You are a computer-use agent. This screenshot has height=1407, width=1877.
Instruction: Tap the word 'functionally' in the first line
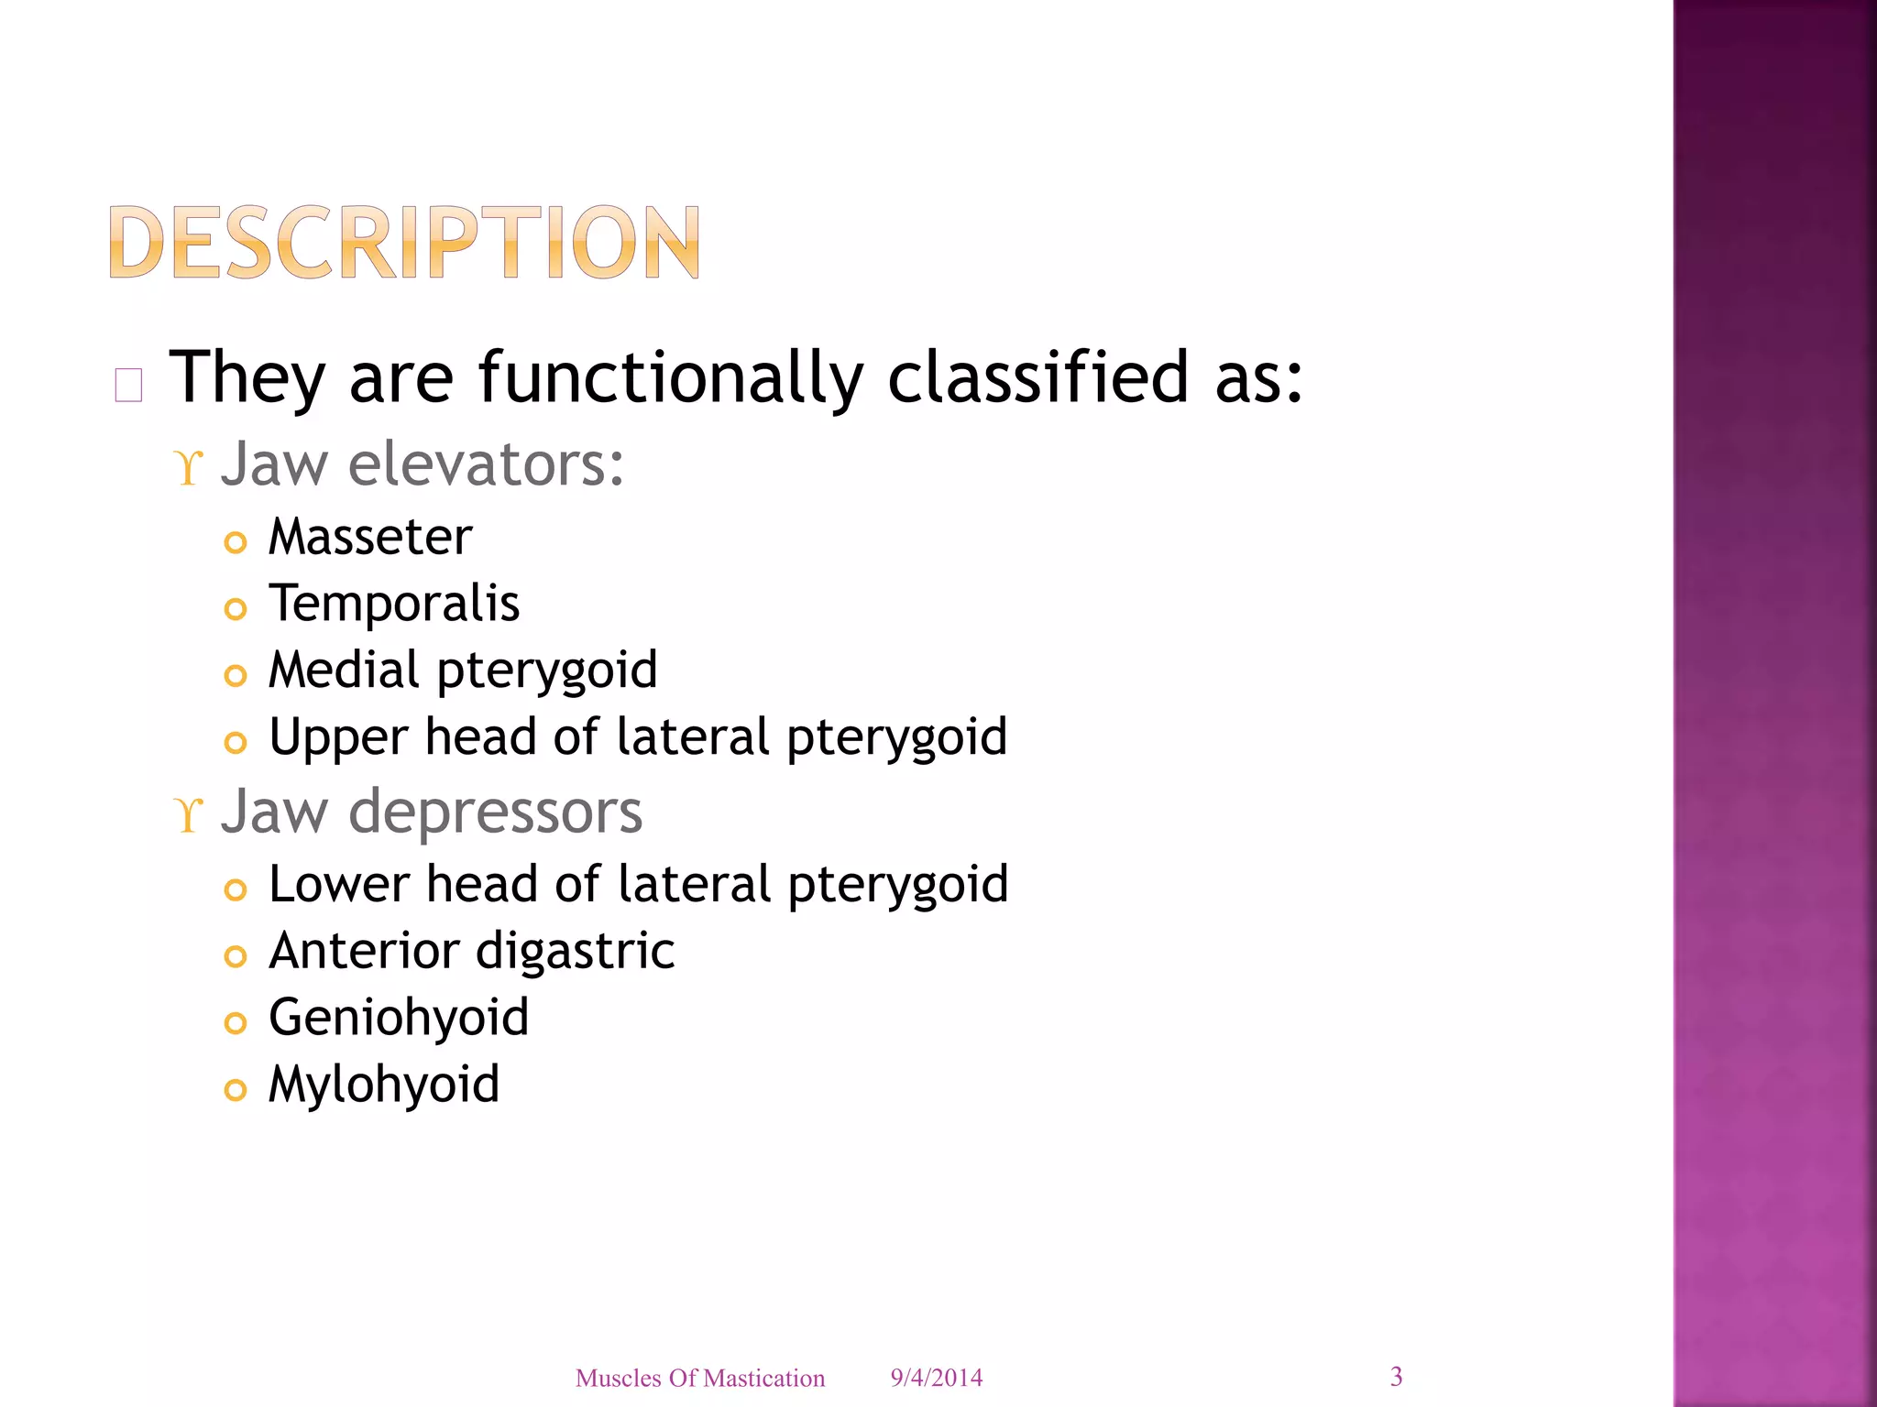coord(671,378)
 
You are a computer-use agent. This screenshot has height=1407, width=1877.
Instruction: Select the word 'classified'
coord(1037,376)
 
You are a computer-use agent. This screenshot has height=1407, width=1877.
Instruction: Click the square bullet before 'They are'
coord(128,386)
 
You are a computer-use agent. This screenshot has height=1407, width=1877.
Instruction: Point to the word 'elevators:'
coord(486,464)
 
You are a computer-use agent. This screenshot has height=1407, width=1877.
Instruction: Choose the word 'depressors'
coord(495,812)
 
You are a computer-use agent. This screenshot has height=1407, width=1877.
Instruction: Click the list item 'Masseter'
coord(370,537)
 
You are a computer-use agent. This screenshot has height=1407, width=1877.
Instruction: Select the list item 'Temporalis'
coord(394,604)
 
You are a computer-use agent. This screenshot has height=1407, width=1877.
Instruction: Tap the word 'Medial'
coord(344,670)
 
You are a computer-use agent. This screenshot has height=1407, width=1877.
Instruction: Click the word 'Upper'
coord(338,738)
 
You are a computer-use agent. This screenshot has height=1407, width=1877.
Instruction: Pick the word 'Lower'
coord(339,885)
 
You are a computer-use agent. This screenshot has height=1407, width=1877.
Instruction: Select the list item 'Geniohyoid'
coord(399,1019)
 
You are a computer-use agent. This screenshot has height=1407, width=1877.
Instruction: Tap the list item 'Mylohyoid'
coord(384,1085)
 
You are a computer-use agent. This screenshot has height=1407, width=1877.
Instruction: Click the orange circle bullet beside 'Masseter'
coord(236,542)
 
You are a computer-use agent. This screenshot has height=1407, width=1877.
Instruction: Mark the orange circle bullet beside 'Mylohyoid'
coord(236,1090)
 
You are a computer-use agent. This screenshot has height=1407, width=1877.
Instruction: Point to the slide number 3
coord(1396,1377)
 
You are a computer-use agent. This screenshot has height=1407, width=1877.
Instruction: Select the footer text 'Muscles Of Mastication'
coord(700,1379)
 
